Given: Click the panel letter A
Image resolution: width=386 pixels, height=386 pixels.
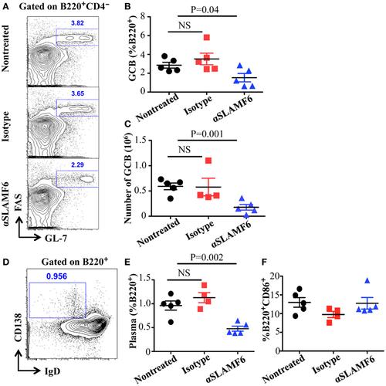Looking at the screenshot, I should [5, 7].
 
